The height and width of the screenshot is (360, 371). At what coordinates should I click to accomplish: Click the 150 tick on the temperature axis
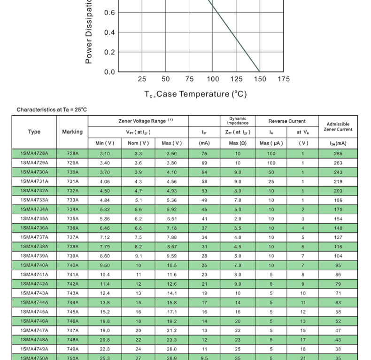(x=260, y=79)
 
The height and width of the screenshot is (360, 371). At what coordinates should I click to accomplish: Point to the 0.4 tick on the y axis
(x=109, y=32)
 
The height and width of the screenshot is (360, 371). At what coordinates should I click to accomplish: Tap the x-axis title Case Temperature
(x=195, y=94)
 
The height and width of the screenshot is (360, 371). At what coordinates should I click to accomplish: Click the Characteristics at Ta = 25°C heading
(x=52, y=110)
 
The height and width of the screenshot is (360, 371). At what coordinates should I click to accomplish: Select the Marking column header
(x=72, y=132)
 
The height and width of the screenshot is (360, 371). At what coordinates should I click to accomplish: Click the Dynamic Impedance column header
(x=238, y=121)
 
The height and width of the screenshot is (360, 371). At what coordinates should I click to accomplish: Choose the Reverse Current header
(x=287, y=121)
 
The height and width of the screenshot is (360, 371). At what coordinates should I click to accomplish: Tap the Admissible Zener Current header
(x=338, y=127)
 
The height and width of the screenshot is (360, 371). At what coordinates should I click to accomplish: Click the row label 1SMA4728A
(x=34, y=154)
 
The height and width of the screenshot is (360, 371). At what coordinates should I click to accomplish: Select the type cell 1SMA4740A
(x=34, y=265)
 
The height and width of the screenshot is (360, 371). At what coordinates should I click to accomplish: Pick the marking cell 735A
(x=73, y=219)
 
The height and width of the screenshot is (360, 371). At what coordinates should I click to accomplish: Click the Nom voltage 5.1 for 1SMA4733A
(x=139, y=200)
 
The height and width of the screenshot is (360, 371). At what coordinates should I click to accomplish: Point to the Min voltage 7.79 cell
(x=105, y=247)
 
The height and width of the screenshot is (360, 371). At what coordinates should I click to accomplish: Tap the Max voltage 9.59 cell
(x=172, y=256)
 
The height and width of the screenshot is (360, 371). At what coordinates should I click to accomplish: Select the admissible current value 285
(x=338, y=154)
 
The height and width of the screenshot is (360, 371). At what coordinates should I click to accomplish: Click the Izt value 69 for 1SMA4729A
(x=204, y=163)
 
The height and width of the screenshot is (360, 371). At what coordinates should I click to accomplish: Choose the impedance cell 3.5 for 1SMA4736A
(x=238, y=228)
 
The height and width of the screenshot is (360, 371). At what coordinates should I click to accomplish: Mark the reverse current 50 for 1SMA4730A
(x=271, y=172)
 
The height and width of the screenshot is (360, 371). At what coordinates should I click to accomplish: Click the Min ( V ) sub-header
(x=105, y=143)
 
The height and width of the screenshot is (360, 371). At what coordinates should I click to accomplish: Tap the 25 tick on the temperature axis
(x=142, y=79)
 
